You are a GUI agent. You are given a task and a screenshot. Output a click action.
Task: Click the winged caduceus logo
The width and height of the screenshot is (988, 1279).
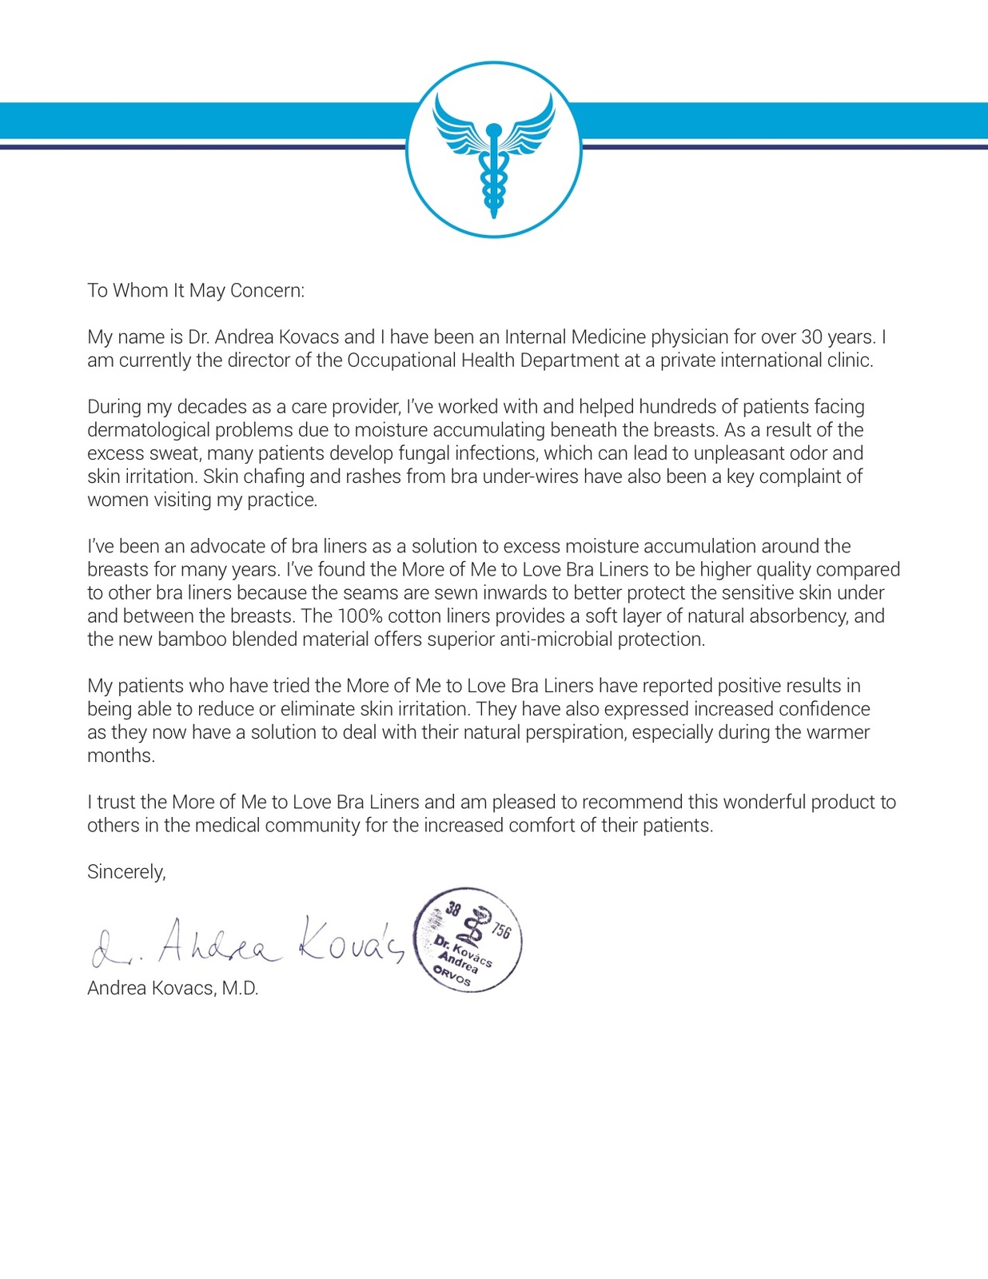493,149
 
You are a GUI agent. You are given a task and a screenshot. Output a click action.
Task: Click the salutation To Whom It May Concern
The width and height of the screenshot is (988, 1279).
196,290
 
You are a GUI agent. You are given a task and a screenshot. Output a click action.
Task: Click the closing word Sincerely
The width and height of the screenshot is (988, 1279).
126,871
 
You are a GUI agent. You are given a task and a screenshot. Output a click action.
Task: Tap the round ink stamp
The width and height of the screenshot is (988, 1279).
468,940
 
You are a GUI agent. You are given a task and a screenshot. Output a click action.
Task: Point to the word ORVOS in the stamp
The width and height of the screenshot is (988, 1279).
452,976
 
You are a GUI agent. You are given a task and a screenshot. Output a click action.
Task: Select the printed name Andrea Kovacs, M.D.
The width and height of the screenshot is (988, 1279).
173,988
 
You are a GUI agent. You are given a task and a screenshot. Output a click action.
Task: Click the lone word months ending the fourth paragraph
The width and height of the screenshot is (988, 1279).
121,755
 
